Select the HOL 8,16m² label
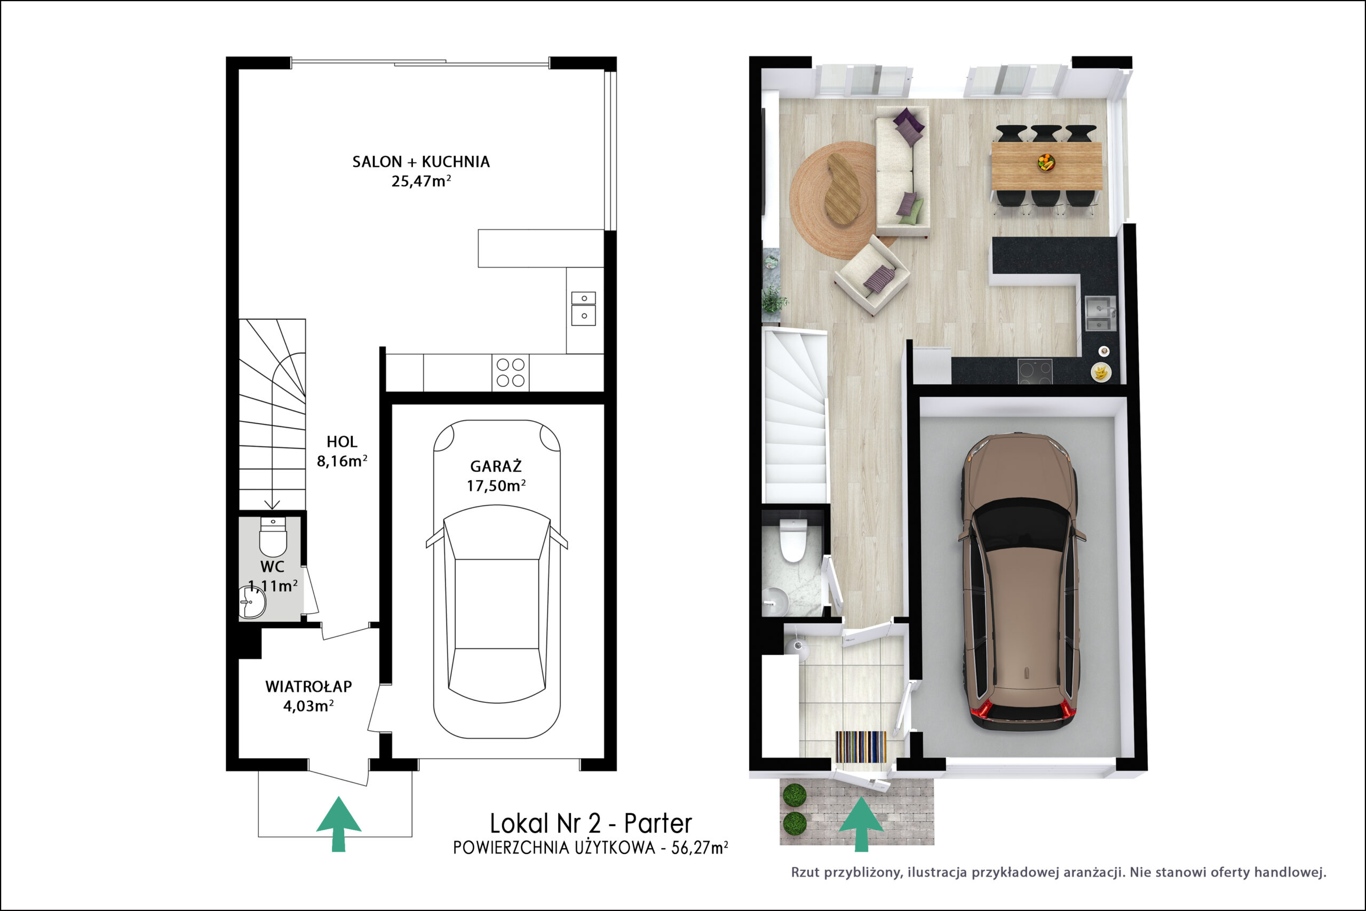click(341, 451)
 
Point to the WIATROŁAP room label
click(308, 686)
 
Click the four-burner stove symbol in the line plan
click(511, 373)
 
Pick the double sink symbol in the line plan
click(583, 308)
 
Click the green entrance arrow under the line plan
click(339, 824)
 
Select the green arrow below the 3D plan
click(861, 824)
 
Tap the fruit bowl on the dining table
click(1046, 162)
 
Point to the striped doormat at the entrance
click(861, 747)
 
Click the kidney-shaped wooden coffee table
click(843, 188)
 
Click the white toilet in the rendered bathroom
click(793, 540)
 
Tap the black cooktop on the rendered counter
click(1035, 372)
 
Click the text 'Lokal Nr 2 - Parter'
click(591, 823)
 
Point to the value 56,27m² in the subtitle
click(699, 847)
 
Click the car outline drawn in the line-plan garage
click(497, 579)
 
